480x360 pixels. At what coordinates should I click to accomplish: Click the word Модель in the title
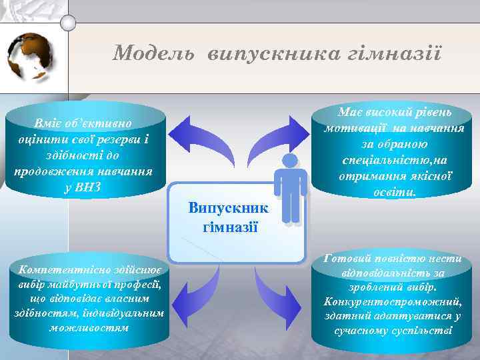pyautogui.click(x=153, y=53)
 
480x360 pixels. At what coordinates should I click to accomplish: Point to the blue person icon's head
pyautogui.click(x=290, y=161)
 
